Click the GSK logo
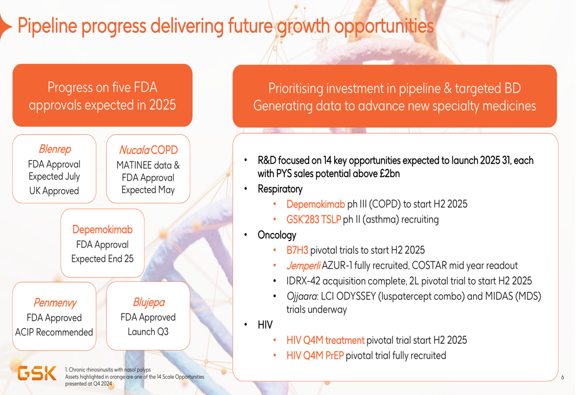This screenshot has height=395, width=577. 37,373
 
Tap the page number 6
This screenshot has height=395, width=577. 563,377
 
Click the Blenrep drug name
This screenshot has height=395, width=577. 55,149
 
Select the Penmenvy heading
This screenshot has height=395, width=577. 55,302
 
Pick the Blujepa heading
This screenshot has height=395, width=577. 149,302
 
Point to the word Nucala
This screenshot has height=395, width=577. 134,150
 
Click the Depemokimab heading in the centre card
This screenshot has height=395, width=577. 102,230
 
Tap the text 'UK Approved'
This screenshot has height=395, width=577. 54,191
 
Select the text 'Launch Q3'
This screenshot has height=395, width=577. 148,332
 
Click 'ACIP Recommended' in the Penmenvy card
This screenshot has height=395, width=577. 54,332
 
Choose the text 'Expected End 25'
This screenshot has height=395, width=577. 102,259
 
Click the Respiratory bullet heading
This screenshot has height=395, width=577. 280,189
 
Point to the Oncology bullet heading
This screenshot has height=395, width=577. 277,235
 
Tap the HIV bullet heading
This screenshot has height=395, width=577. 265,325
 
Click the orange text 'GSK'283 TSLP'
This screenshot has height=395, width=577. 313,220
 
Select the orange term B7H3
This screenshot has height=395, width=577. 297,250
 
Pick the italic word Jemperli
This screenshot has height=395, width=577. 304,265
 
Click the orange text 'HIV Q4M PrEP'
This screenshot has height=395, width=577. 315,356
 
